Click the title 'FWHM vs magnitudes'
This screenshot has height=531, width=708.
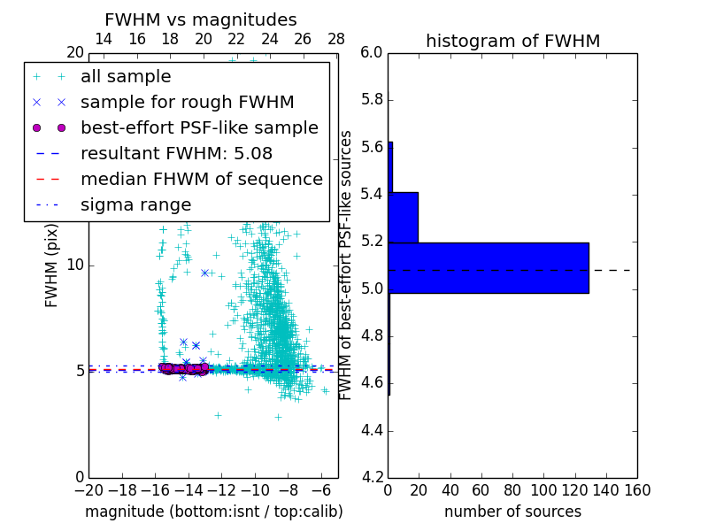(201, 19)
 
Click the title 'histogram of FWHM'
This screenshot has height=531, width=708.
(512, 41)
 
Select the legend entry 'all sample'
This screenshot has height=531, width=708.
(126, 77)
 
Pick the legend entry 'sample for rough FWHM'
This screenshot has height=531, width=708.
(187, 103)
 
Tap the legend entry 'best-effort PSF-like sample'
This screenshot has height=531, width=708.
(199, 127)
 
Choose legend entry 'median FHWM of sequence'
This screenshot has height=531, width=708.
(201, 179)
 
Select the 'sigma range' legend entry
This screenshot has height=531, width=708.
(135, 204)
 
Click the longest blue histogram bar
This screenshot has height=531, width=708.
(489, 267)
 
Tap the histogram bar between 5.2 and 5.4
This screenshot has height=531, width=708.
(403, 217)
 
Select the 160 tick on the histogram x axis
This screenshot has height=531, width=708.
(637, 489)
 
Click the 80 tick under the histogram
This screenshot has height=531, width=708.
(512, 489)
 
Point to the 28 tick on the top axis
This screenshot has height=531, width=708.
(335, 39)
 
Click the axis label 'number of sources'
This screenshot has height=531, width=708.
(512, 512)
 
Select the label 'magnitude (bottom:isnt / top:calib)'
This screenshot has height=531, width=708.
(213, 512)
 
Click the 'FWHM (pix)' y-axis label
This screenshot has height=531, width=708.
(52, 265)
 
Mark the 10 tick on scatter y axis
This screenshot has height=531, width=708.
(76, 265)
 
